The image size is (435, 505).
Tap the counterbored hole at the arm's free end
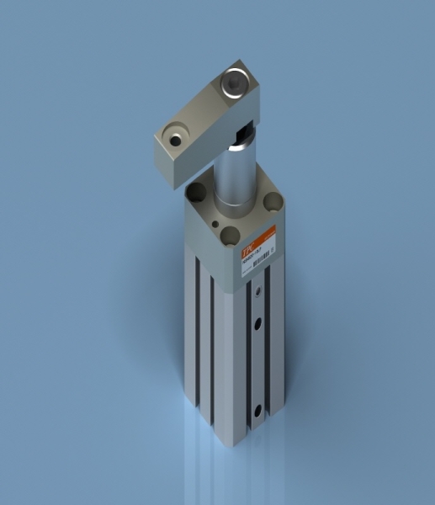177,136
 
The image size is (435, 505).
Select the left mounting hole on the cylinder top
195,194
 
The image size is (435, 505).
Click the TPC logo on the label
249,248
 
